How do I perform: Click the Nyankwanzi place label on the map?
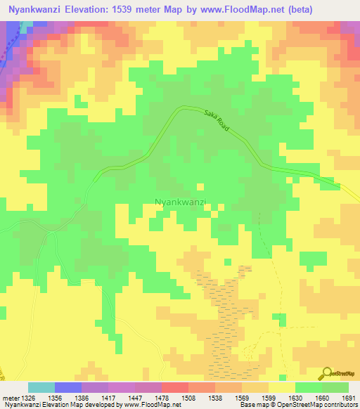[x=179, y=202]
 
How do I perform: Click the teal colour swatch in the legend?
[x=41, y=387]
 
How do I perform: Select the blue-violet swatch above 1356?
[x=68, y=387]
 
